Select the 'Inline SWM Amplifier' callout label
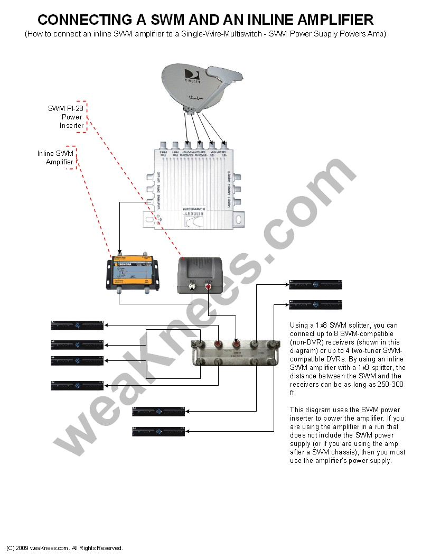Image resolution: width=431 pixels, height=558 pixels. click(55, 157)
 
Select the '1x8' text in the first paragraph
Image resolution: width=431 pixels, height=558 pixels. click(318, 325)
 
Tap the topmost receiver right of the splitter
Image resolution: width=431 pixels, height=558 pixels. click(315, 285)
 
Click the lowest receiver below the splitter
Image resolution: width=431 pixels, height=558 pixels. click(158, 431)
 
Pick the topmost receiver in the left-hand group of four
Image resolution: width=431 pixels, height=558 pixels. click(77, 325)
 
